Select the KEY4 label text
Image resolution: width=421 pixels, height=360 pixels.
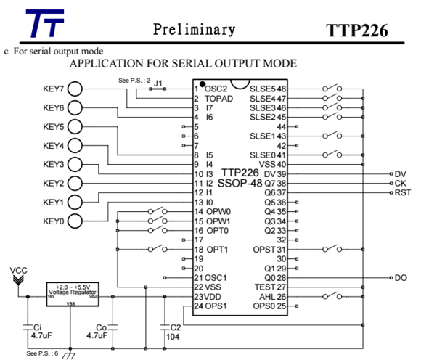coord(54,145)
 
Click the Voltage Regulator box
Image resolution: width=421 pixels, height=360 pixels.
coord(72,292)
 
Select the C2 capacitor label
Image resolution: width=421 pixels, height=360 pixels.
coord(174,327)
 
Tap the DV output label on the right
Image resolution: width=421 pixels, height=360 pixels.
coord(401,174)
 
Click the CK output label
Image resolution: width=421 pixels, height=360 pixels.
coord(401,184)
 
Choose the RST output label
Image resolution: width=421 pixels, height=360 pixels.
coord(403,193)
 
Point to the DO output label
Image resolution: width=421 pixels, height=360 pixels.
coord(401,278)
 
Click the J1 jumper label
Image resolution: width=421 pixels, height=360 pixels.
coord(157,82)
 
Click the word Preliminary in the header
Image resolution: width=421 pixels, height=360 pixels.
coord(194,30)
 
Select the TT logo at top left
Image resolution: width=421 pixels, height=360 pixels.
coord(44,25)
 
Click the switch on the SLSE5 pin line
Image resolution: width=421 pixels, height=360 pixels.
coord(333,89)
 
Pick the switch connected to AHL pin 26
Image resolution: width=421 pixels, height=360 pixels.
coord(333,296)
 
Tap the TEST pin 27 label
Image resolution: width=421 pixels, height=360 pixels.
coord(258,287)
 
